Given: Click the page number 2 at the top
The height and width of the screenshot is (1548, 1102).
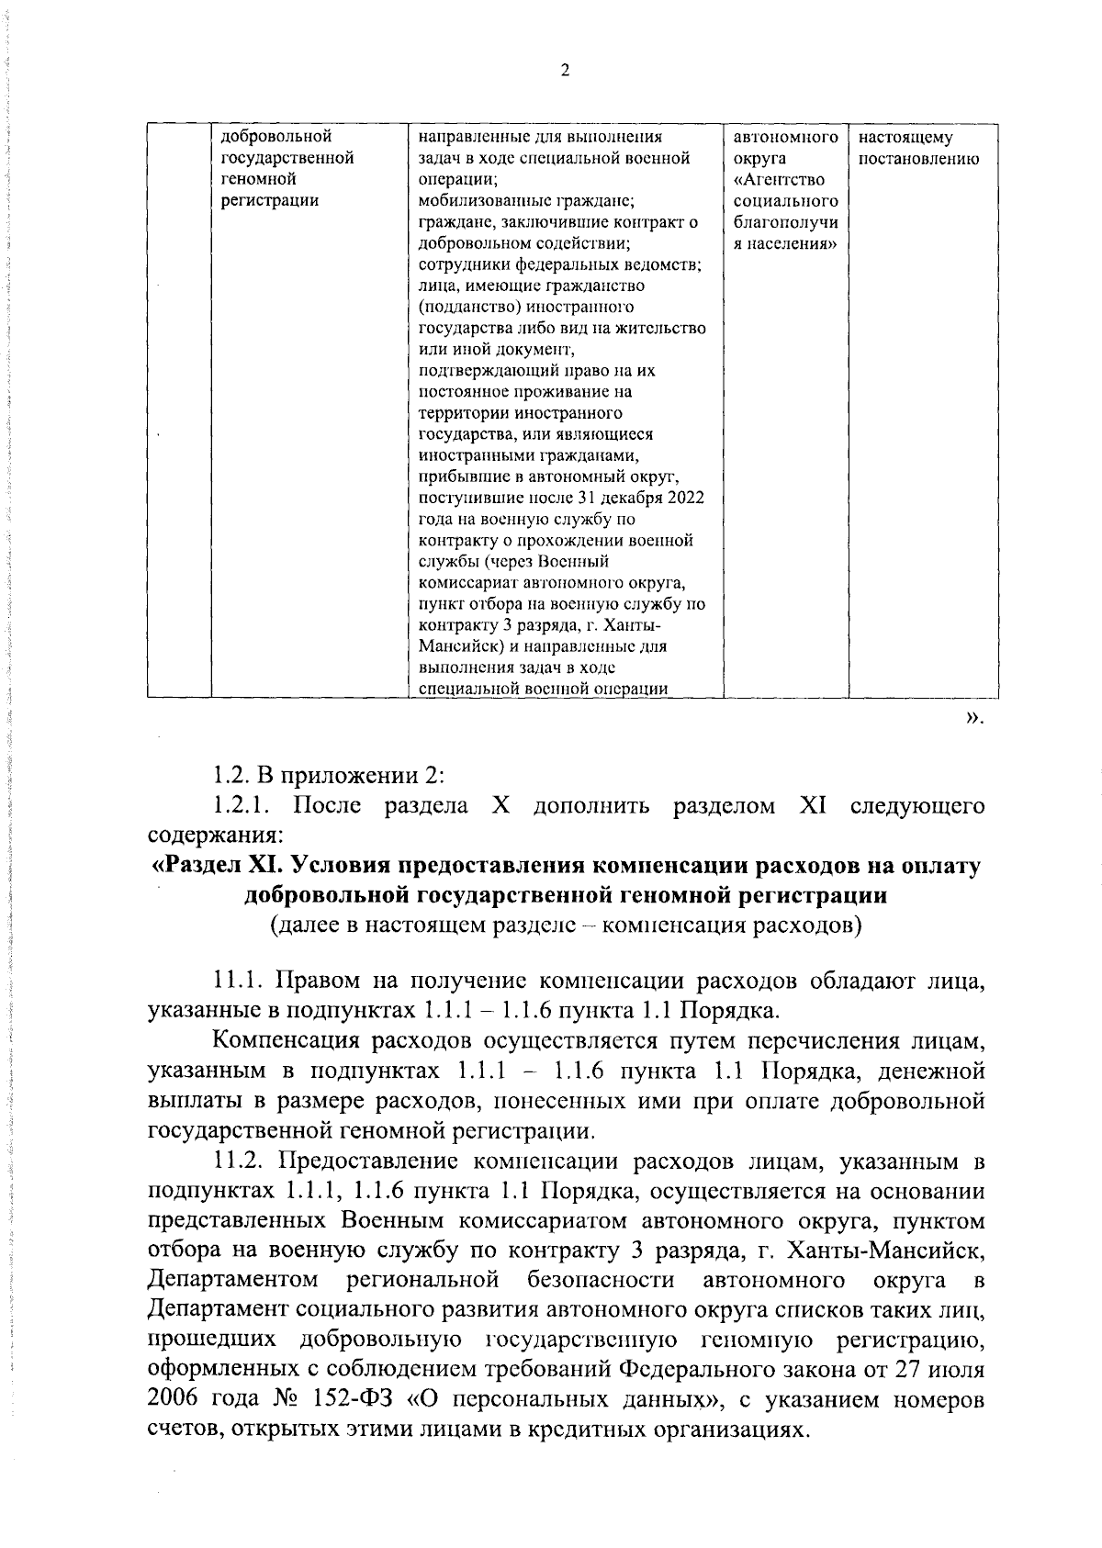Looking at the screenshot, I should (565, 72).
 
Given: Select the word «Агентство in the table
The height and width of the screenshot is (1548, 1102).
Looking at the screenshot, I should (779, 180).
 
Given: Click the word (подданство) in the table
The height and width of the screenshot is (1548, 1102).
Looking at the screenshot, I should (466, 307).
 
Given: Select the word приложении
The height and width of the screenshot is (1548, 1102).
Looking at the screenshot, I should (347, 777).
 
